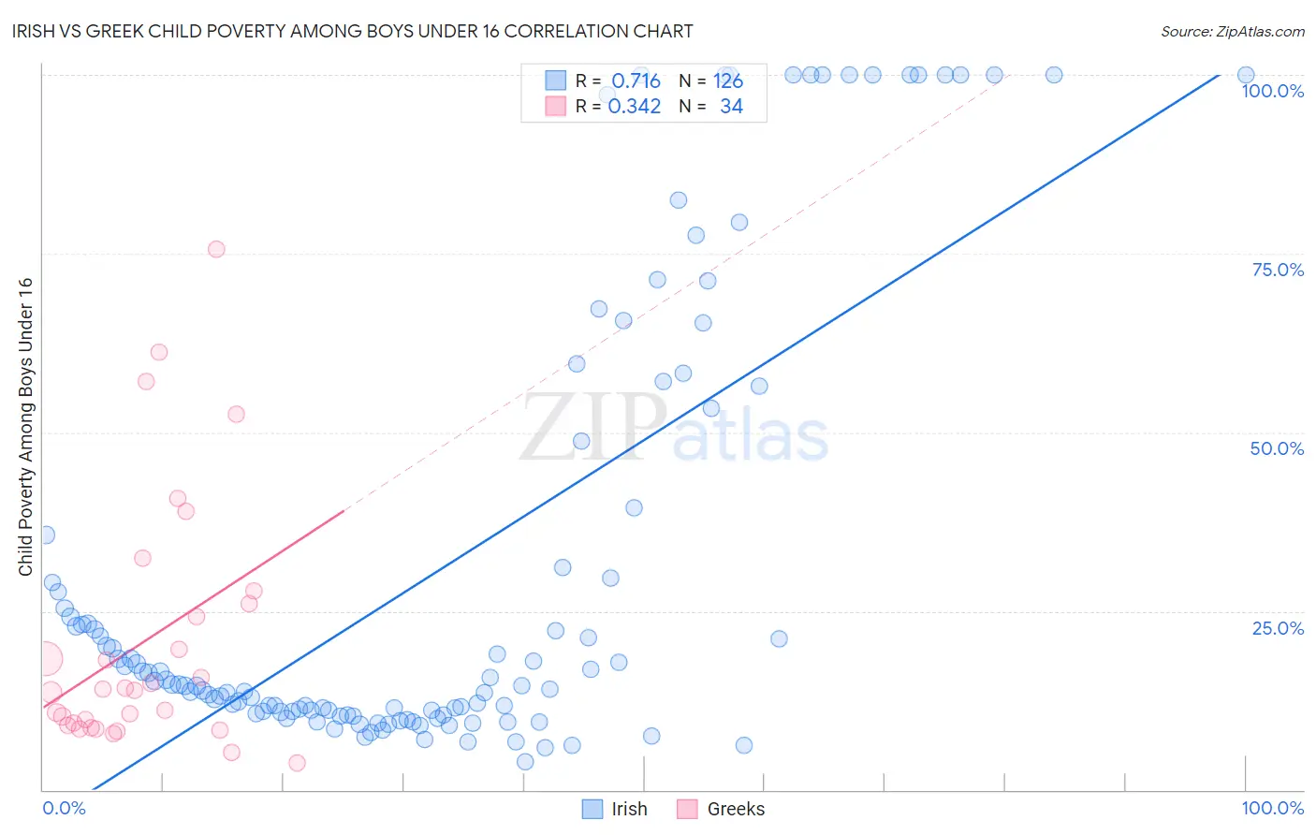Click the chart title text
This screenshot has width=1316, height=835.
click(353, 31)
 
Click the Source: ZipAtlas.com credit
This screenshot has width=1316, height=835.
click(1232, 31)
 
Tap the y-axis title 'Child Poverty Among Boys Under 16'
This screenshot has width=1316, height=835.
click(25, 427)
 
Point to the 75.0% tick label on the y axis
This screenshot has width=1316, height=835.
click(1278, 270)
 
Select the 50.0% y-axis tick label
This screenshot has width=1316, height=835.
click(1277, 448)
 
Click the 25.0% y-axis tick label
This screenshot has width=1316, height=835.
click(1278, 627)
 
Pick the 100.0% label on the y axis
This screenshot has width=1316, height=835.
click(1272, 91)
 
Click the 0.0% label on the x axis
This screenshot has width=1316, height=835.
click(64, 808)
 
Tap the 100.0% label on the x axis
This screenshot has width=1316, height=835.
click(1272, 808)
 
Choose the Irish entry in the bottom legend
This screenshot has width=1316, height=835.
click(615, 809)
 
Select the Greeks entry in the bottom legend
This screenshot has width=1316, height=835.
click(721, 809)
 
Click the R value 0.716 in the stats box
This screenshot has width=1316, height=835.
click(636, 81)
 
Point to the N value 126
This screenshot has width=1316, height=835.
click(727, 81)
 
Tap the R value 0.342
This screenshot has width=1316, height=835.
click(635, 106)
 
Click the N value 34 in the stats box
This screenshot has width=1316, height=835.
click(731, 106)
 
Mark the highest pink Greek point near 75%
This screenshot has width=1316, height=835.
click(216, 249)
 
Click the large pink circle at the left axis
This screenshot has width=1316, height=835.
click(46, 659)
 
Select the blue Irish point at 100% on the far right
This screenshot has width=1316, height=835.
click(1245, 75)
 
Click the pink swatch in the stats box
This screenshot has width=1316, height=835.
click(556, 106)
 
